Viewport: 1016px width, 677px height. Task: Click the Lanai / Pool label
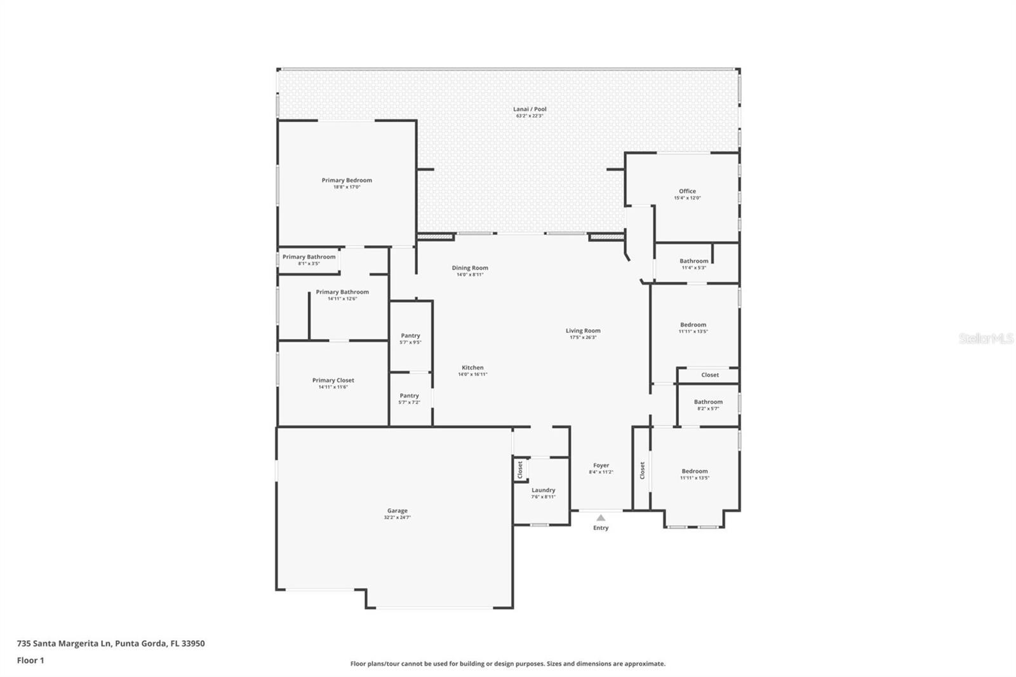tap(530, 109)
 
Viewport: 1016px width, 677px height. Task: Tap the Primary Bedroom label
tap(347, 180)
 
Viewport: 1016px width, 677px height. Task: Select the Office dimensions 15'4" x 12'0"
tap(687, 198)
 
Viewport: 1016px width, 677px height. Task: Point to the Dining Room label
tap(470, 268)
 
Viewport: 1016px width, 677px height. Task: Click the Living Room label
tap(583, 331)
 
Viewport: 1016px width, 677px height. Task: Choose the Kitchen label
tap(472, 368)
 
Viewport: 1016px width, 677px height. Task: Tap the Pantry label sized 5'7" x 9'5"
tap(410, 336)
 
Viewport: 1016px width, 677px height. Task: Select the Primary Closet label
tap(333, 380)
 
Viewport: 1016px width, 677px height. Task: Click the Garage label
tap(398, 511)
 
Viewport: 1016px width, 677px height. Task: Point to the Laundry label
tap(543, 490)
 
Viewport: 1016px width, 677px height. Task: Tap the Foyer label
tap(601, 466)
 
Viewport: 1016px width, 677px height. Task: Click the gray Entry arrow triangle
tap(601, 518)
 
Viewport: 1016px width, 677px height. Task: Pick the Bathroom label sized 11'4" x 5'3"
tap(693, 261)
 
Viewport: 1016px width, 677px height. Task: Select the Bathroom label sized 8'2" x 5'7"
tap(708, 402)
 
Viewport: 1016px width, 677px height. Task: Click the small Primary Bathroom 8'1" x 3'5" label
tap(309, 257)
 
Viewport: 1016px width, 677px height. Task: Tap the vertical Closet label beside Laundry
tap(520, 470)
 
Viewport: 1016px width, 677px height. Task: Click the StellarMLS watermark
tap(986, 338)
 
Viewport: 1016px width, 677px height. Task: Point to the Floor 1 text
tap(30, 660)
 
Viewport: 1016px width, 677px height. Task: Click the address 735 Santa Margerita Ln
tap(64, 643)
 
